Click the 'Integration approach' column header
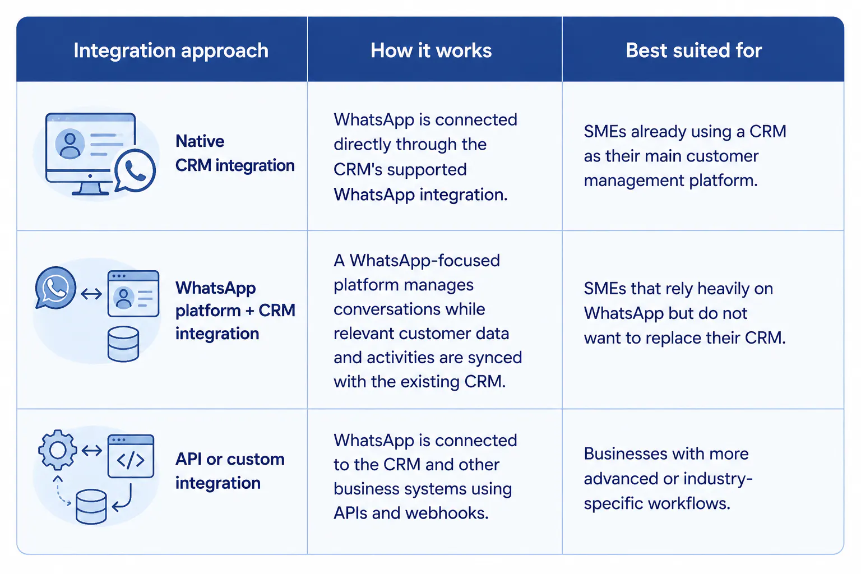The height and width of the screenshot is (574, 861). (171, 51)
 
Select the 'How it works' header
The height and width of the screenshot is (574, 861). (431, 50)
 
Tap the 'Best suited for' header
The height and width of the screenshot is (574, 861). (694, 50)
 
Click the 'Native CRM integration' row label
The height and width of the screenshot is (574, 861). (235, 154)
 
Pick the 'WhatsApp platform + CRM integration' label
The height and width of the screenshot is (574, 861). (235, 311)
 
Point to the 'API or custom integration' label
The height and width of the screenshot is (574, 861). (230, 471)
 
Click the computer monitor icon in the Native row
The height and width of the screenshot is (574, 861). (90, 154)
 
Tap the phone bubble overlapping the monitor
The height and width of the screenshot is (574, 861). (135, 171)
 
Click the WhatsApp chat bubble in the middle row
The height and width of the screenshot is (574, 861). (55, 287)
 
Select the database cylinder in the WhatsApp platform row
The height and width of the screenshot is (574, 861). (123, 344)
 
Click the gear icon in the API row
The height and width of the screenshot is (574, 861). (58, 450)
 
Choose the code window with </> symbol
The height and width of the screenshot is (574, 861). (131, 456)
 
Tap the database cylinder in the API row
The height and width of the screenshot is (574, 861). (91, 507)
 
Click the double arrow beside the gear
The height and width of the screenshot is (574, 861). (92, 450)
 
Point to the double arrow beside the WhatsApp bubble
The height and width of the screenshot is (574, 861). (91, 294)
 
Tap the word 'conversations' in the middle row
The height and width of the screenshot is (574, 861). (409, 309)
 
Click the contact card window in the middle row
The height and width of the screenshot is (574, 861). (133, 293)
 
